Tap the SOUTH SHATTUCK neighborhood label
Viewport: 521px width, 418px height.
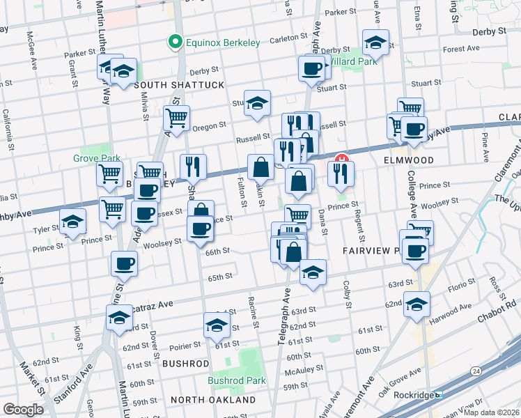[x=179, y=85]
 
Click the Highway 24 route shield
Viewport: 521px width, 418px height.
[x=476, y=371]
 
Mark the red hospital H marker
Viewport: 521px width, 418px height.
[x=341, y=159]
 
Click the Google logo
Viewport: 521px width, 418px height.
[x=23, y=410]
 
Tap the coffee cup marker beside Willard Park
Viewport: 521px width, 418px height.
[x=311, y=69]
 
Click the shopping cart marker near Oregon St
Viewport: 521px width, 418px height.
[x=176, y=118]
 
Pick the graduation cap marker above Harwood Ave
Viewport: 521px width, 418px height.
[x=417, y=304]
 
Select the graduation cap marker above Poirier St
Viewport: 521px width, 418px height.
[x=217, y=325]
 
